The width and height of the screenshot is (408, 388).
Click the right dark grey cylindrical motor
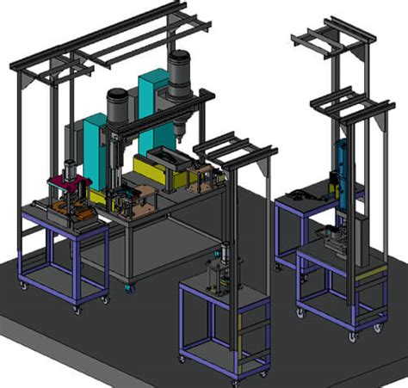[x=180, y=74]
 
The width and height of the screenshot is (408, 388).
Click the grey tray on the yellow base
[x=173, y=159]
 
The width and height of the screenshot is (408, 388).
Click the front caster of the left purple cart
[x=77, y=307]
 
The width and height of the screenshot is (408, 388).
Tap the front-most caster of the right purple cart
[x=353, y=336]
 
